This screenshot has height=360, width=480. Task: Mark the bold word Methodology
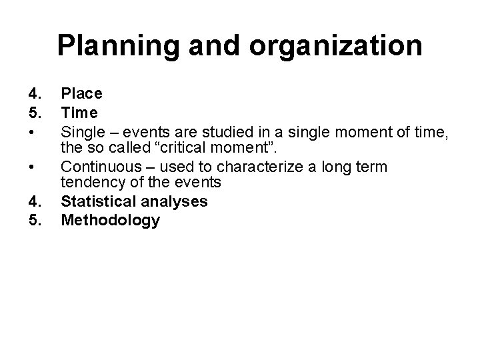point(111,220)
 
